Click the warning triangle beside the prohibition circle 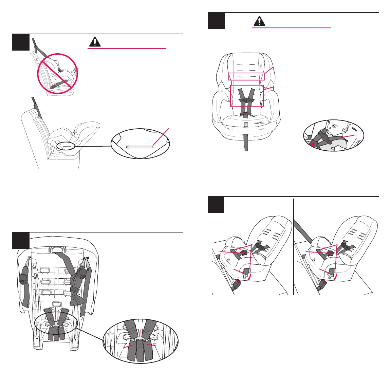pyautogui.click(x=95, y=41)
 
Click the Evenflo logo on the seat pyautogui.click(x=261, y=123)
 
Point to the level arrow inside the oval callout pyautogui.click(x=139, y=147)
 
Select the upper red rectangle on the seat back pyautogui.click(x=246, y=76)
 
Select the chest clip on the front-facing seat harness pyautogui.click(x=247, y=100)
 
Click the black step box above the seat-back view pyautogui.click(x=20, y=240)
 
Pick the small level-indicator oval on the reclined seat pyautogui.click(x=67, y=146)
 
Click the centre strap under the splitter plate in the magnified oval pyautogui.click(x=140, y=353)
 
